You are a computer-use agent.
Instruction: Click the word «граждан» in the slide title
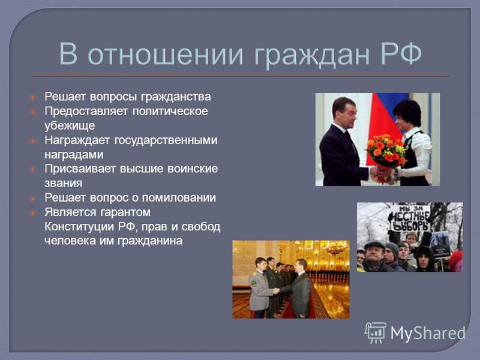click(x=312, y=55)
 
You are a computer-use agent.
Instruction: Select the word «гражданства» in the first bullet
click(x=176, y=97)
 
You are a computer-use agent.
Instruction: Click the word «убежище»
click(x=70, y=126)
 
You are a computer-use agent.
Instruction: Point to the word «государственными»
click(x=166, y=140)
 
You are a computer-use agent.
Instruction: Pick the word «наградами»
click(x=74, y=155)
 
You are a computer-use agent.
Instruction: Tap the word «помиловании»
click(x=179, y=198)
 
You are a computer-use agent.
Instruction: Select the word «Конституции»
click(x=80, y=227)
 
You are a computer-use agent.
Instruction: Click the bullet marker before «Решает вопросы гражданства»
click(x=33, y=98)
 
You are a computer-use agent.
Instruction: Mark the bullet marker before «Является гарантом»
click(x=33, y=213)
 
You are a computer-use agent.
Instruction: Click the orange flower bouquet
click(x=386, y=152)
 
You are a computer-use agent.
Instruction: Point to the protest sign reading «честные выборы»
click(x=409, y=218)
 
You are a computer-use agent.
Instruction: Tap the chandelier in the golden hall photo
click(x=335, y=248)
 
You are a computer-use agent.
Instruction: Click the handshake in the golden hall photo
click(x=276, y=291)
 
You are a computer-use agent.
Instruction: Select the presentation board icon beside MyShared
click(x=376, y=333)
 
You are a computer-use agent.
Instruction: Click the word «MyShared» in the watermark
click(x=428, y=333)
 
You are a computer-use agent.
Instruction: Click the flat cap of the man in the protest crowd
click(x=374, y=245)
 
